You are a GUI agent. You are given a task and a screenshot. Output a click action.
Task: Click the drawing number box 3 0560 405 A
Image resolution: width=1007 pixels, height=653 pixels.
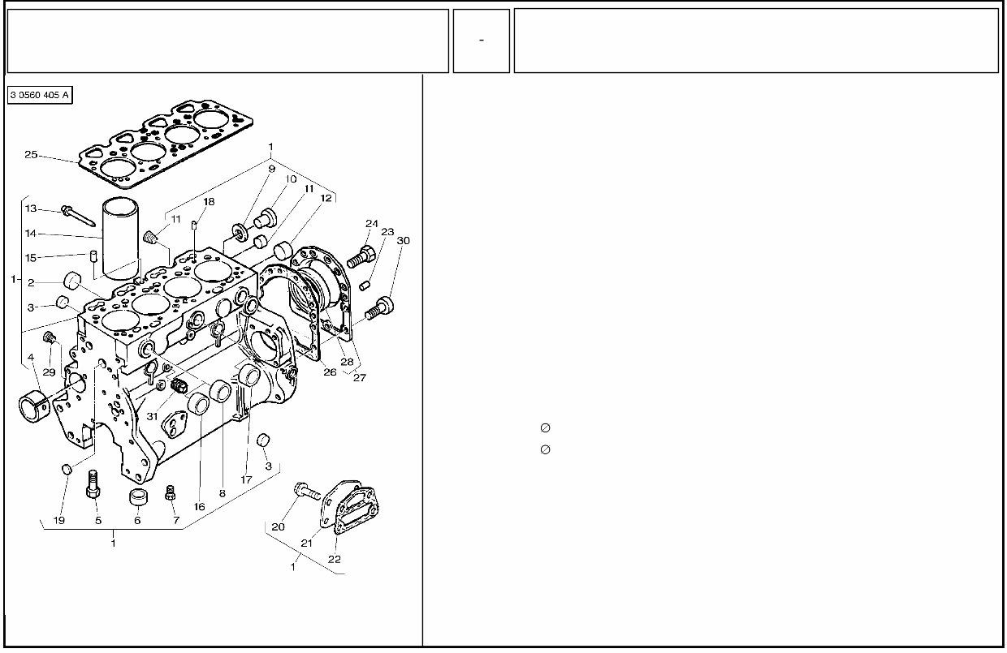tap(40, 96)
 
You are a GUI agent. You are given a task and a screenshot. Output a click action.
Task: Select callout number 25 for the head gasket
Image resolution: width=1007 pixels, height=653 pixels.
tap(32, 155)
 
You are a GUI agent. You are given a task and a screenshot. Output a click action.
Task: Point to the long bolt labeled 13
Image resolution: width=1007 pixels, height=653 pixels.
tap(77, 215)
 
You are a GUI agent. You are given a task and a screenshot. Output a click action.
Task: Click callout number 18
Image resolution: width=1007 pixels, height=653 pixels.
tap(209, 201)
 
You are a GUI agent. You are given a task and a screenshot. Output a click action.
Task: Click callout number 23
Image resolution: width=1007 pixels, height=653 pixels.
tap(387, 232)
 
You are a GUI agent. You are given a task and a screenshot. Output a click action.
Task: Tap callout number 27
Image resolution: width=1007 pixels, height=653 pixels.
tap(360, 377)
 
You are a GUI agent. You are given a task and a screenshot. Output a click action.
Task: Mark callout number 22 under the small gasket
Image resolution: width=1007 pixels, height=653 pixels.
tap(335, 559)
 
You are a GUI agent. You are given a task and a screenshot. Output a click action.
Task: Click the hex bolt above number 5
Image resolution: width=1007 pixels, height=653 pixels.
tap(93, 484)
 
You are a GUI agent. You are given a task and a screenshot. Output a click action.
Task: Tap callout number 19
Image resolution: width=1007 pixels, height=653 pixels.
tap(59, 520)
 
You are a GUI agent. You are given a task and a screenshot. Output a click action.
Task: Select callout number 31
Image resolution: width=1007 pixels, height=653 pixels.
tap(153, 416)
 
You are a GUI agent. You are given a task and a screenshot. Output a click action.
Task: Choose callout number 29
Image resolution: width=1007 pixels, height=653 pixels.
tap(49, 372)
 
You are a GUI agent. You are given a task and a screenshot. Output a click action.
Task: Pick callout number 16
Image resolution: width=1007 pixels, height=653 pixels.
tap(199, 507)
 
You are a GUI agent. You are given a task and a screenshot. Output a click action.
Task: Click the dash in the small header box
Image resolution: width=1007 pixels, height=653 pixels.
tap(482, 41)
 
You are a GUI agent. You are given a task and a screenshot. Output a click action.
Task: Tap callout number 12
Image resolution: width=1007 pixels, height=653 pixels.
tap(326, 197)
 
